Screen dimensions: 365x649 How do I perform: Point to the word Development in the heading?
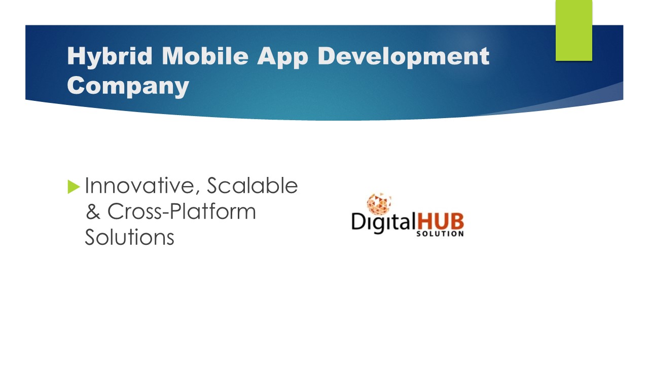pos(403,57)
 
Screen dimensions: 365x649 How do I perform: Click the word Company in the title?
pos(128,86)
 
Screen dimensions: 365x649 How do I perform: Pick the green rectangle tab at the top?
pos(573,30)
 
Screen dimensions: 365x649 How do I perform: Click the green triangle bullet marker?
pos(74,187)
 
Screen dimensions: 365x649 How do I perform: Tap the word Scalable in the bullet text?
pos(252,186)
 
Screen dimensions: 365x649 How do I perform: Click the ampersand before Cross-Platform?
pos(93,211)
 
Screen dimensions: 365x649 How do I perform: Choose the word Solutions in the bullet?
pos(129,237)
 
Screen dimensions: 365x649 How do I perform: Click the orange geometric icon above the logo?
pos(378,203)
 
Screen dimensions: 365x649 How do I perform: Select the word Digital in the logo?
pos(383,223)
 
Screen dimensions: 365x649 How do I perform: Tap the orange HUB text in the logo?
pos(440,221)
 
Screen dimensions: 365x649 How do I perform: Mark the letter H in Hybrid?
pos(75,56)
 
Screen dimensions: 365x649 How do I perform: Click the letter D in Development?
pos(327,56)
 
